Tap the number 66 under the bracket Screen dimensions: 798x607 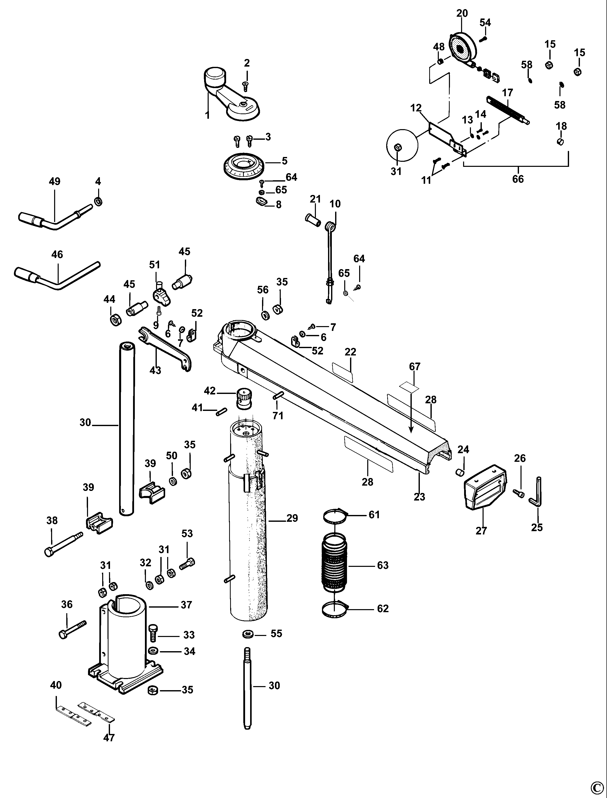pos(517,179)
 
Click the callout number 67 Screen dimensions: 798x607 pos(415,367)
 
